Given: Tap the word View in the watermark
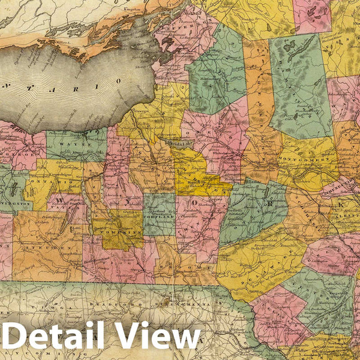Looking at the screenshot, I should coord(162,336).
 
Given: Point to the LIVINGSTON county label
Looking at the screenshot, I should coord(14,204).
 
